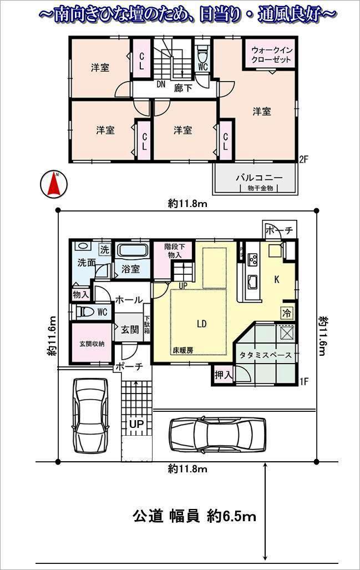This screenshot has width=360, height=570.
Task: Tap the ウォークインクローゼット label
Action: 271,54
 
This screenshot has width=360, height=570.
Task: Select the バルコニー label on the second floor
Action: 258,178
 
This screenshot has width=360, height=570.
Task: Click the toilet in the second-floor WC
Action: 202,56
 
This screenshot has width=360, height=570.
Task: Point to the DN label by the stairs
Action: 161,85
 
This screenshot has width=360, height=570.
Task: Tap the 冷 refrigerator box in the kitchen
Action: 287,312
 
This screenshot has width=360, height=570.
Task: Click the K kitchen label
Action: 276,280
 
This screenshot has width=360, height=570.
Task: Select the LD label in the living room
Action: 201,324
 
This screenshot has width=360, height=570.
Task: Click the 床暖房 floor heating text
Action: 182,350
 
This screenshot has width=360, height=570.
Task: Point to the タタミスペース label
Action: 265,355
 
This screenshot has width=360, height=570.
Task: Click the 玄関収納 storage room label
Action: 91,343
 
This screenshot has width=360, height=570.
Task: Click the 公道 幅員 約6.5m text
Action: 194,516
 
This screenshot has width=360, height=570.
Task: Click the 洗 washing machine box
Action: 104,249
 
